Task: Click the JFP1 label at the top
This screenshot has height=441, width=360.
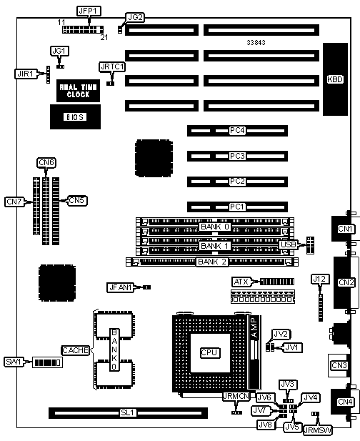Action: click(x=89, y=11)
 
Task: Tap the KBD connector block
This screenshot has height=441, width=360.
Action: click(x=335, y=79)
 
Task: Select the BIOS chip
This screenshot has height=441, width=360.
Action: click(x=75, y=117)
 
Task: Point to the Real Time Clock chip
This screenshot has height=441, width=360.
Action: click(x=78, y=91)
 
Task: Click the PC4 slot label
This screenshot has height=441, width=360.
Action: click(x=237, y=131)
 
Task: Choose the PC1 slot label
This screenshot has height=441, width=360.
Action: click(x=237, y=207)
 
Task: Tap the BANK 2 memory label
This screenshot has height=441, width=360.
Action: click(x=212, y=262)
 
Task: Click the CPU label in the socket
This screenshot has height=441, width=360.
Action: click(x=209, y=352)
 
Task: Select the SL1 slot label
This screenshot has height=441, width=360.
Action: click(x=128, y=413)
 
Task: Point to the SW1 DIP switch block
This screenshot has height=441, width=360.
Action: click(x=47, y=362)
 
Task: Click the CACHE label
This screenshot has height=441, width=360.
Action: click(x=75, y=350)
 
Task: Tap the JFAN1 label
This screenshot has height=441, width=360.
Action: click(x=120, y=287)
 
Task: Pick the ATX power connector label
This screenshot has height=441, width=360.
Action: click(x=241, y=282)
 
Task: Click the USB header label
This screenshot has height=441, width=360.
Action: click(x=288, y=244)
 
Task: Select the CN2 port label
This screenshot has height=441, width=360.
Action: click(x=346, y=282)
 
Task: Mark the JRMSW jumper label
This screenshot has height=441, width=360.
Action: click(x=318, y=430)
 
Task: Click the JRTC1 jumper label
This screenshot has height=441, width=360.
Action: click(x=112, y=67)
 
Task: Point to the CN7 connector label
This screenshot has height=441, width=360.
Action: click(x=14, y=202)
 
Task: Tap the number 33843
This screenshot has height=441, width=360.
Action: click(x=256, y=42)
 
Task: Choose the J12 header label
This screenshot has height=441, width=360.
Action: click(x=320, y=279)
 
